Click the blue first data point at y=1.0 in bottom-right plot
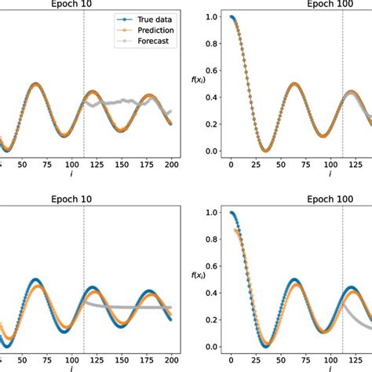(x=230, y=213)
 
